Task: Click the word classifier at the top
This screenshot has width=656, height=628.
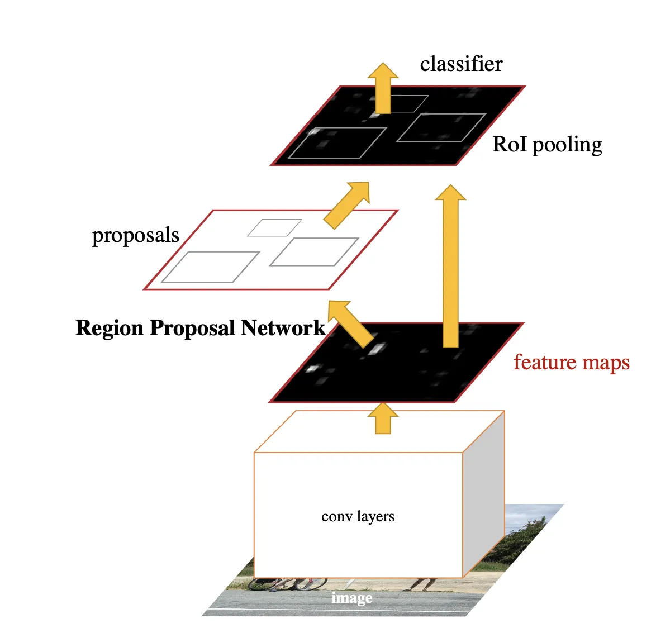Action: pos(461,64)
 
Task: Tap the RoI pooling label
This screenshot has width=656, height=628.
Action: pos(547,144)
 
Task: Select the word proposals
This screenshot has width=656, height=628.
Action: pos(135,235)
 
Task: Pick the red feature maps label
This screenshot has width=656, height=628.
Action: pos(571,362)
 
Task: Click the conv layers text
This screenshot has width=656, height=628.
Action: pos(358,516)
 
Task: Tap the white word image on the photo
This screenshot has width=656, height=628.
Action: pos(351,598)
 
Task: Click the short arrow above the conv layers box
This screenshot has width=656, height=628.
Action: pos(383,418)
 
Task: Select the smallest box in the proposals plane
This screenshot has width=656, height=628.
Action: pos(274,227)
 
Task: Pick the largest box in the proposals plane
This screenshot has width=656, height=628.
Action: pos(210,267)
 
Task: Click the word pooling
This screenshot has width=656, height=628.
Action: pos(567,145)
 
